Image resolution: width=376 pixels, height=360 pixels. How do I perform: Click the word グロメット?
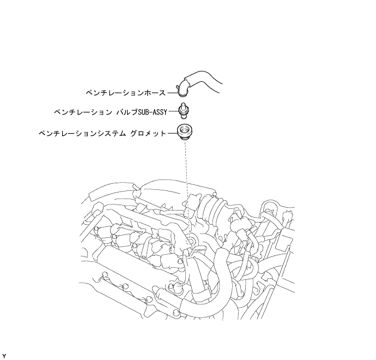click(148, 133)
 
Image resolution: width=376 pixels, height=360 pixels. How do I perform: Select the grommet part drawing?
click(185, 132)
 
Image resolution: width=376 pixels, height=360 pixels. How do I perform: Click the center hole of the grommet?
click(185, 130)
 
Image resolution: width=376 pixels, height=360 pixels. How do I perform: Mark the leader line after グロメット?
click(172, 133)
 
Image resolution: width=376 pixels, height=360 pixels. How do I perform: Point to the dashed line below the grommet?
click(186, 169)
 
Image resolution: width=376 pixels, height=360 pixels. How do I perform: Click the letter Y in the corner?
click(4, 356)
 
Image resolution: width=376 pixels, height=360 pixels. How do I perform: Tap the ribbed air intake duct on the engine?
click(209, 208)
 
